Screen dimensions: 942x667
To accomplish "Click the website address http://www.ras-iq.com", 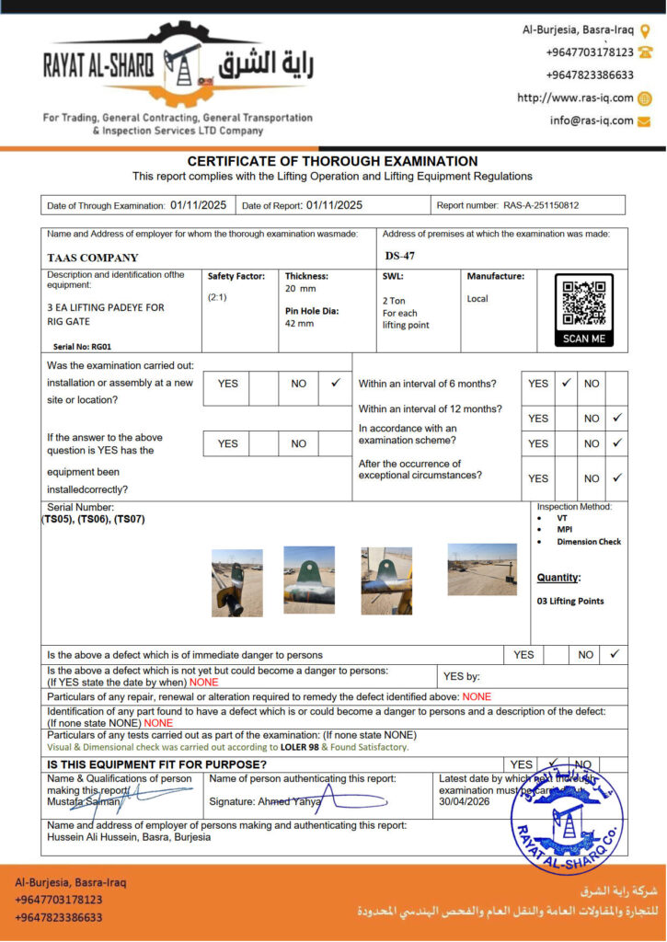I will point(575,98).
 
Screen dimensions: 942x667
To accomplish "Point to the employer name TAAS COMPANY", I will point(93,258).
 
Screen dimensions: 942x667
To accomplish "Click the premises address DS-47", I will point(400,256).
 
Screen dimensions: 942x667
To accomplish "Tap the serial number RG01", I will point(95,347).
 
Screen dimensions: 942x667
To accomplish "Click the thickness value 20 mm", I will point(300,289).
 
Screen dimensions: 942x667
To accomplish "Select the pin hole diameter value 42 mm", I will point(299,324).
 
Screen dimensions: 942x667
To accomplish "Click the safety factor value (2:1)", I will point(219,297).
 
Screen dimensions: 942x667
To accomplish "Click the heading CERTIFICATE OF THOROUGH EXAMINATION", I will point(332,161).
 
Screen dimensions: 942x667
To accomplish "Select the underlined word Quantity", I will point(558,578).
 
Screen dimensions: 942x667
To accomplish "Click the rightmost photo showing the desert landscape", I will point(482,569).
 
